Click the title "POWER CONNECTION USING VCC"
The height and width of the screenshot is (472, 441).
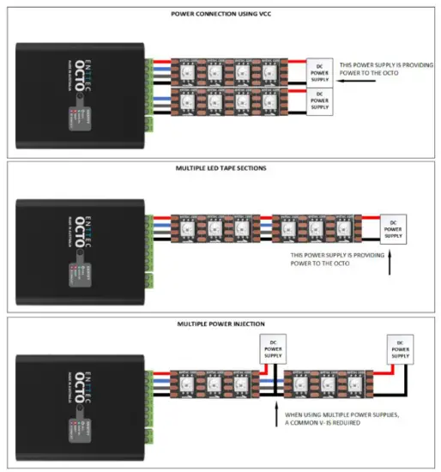coord(220,14)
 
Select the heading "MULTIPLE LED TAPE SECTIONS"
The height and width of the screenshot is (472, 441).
coord(220,168)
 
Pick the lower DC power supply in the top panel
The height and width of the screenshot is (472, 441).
coord(319,100)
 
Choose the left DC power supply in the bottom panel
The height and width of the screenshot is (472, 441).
coord(273,348)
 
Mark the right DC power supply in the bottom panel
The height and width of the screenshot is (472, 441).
coord(400,348)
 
